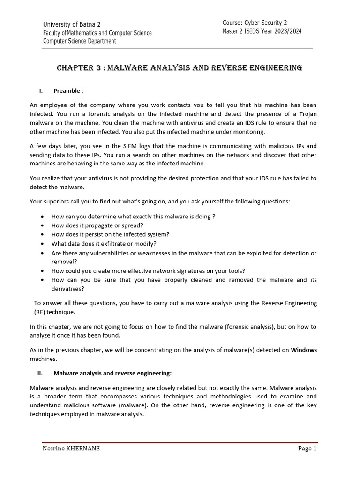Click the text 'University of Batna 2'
pyautogui.click(x=72, y=24)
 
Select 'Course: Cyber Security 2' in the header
pyautogui.click(x=261, y=23)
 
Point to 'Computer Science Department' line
pyautogui.click(x=80, y=41)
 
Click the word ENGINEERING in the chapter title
pyautogui.click(x=274, y=68)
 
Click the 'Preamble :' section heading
pyautogui.click(x=68, y=90)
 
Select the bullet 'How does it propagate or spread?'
pyautogui.click(x=97, y=225)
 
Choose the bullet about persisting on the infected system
pyautogui.click(x=110, y=234)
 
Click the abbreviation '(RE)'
pyautogui.click(x=41, y=312)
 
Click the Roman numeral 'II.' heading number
pyautogui.click(x=40, y=373)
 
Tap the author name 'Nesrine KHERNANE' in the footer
pyautogui.click(x=71, y=449)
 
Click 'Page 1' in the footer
pyautogui.click(x=307, y=449)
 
